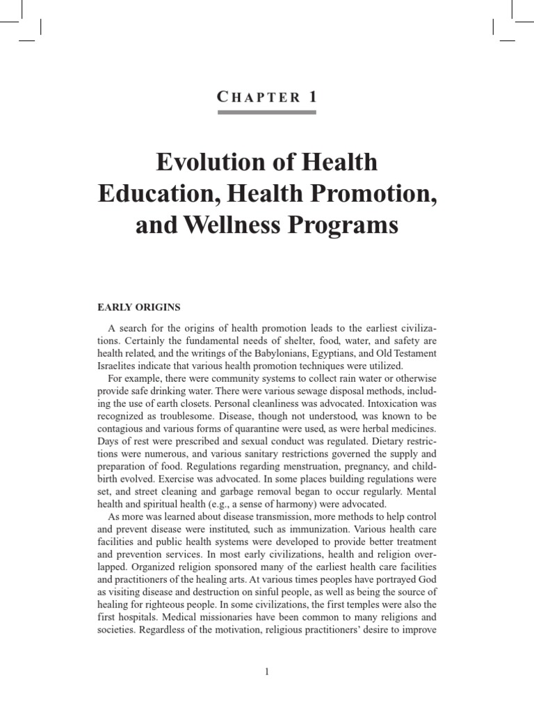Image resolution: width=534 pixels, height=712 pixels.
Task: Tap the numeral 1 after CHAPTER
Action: [x=311, y=97]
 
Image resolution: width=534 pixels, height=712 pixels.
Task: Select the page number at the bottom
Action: [x=267, y=671]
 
